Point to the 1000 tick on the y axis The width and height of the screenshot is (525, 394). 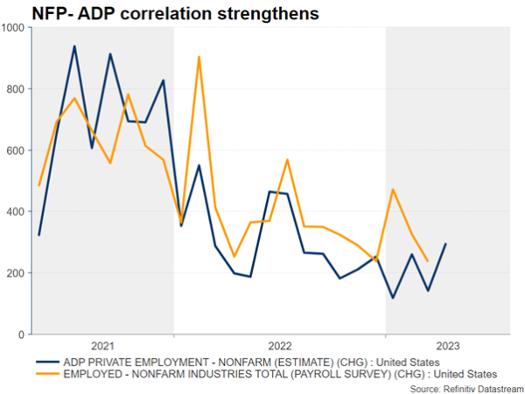tap(14, 27)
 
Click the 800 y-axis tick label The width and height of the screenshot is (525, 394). tap(17, 88)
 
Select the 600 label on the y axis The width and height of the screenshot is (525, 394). tap(17, 150)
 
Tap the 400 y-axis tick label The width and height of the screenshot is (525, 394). tap(17, 211)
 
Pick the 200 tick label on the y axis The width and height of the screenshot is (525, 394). tap(17, 273)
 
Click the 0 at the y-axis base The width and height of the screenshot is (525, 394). tap(24, 334)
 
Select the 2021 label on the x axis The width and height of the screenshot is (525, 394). tap(102, 346)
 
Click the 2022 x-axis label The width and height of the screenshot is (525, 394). tap(280, 346)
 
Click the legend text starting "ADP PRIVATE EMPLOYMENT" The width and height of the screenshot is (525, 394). tap(254, 361)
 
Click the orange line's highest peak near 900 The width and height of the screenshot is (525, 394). tap(199, 57)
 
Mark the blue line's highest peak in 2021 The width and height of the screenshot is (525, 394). tap(74, 46)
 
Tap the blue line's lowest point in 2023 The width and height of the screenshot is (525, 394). tap(393, 299)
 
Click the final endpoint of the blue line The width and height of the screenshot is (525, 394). tap(446, 244)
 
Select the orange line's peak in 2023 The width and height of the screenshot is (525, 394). tap(393, 189)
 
